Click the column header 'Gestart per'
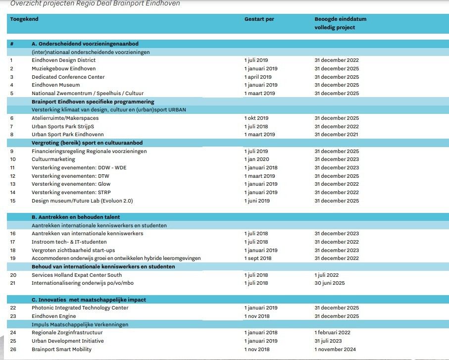pos(259,19)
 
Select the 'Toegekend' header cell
pos(24,19)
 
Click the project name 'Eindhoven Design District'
pos(63,60)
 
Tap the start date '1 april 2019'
pos(258,77)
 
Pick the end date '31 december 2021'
pos(337,135)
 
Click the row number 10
pos(13,159)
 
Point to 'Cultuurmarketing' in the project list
pos(53,159)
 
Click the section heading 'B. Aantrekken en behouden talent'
pos(76,217)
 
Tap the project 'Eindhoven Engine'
pos(54,316)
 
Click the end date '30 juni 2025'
pos(330,283)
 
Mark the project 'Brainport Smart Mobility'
pos(61,349)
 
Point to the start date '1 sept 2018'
pos(258,258)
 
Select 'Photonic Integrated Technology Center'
pos(80,308)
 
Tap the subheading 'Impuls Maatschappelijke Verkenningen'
pos(80,324)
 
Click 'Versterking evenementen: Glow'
pos(71,184)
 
